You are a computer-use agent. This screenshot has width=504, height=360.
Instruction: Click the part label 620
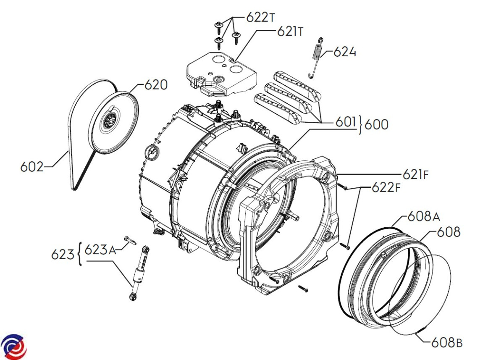click(x=156, y=85)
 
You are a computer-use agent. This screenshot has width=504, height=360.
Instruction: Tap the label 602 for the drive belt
click(x=31, y=167)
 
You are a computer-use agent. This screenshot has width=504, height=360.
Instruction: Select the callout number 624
click(x=345, y=53)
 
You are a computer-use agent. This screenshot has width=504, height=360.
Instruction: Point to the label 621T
click(x=290, y=32)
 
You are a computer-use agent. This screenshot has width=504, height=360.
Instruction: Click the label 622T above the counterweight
click(x=260, y=18)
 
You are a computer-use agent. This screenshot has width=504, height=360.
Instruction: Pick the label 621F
click(x=416, y=174)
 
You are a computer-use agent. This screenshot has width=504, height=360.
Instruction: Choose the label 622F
click(x=386, y=188)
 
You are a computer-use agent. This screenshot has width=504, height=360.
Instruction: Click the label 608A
click(x=423, y=217)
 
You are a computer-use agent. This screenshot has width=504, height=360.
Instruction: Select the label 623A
click(x=100, y=250)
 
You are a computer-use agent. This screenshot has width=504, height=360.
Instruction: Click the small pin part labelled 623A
click(x=129, y=241)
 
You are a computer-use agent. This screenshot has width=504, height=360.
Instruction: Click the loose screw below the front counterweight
click(x=303, y=288)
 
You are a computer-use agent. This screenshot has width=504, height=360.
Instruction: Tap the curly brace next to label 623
click(x=79, y=254)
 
